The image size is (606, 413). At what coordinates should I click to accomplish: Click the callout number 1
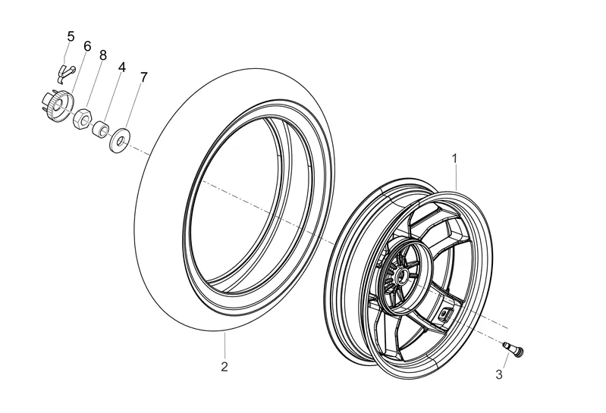point(454,158)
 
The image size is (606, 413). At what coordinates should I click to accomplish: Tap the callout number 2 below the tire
point(225,368)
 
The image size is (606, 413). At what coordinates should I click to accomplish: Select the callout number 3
point(499,374)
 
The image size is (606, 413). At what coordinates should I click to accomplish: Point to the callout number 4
point(121,67)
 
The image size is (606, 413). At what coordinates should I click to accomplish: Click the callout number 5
point(71,36)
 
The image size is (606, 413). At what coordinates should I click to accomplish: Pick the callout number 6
point(87,46)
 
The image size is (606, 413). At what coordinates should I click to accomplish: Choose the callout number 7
point(144,77)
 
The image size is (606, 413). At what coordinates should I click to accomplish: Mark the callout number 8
point(102,55)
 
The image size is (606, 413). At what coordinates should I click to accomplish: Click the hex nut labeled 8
point(83,119)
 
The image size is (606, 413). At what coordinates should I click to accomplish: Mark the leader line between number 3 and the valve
point(504,360)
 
